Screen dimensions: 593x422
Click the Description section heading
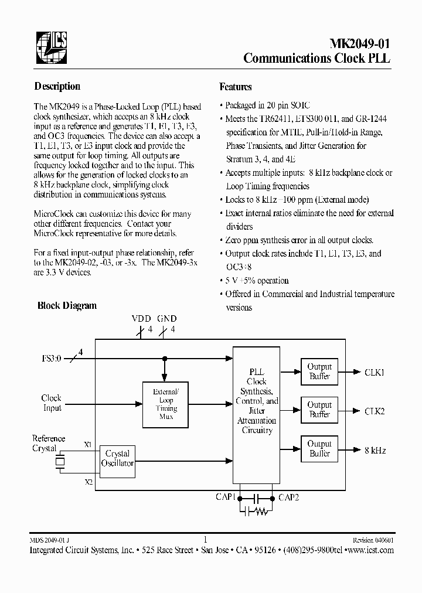(x=57, y=86)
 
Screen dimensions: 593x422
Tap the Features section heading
(x=236, y=87)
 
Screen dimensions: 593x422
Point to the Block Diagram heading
(x=67, y=305)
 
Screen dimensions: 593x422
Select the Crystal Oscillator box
(x=117, y=458)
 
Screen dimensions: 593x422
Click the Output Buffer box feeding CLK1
(x=319, y=372)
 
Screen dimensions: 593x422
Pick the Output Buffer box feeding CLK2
(x=319, y=410)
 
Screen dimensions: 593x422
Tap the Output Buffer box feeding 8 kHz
(x=319, y=449)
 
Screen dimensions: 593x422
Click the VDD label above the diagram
(x=141, y=319)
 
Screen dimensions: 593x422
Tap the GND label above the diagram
(x=167, y=319)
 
